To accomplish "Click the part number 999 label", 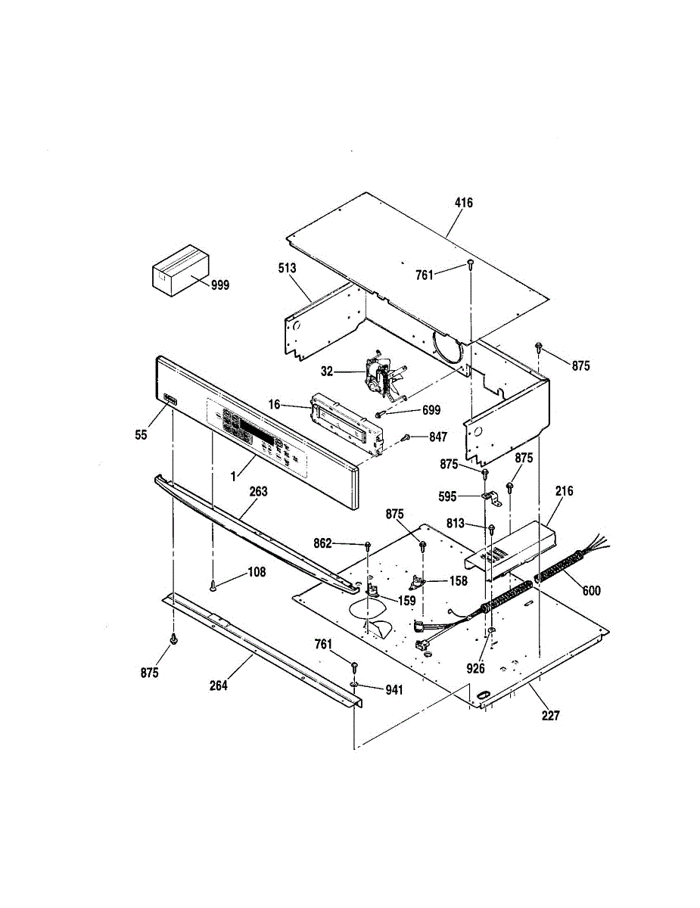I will coord(219,285).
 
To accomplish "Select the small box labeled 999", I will coord(179,270).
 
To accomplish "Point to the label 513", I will coord(287,268).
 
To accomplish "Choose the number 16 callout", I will coord(275,406).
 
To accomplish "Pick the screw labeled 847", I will coord(406,437).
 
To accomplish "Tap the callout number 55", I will coord(142,435).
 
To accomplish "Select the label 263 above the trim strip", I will coord(258,491).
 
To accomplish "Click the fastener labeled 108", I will coord(213,584).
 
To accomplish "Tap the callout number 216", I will coord(564,491).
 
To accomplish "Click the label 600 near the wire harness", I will coord(591,590).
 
